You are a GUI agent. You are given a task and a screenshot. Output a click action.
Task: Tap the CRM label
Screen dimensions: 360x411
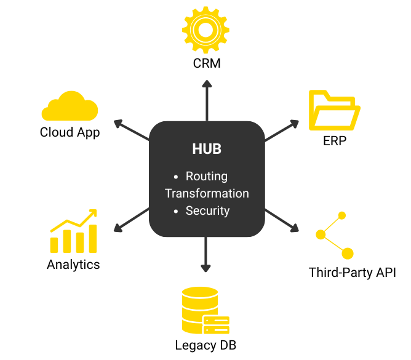tap(206, 63)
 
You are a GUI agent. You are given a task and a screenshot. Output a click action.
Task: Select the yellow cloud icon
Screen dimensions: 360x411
tap(70, 106)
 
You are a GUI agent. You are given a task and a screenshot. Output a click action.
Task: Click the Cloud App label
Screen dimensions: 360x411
tap(70, 132)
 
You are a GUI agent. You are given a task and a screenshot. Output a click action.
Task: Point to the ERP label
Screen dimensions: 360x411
tap(334, 141)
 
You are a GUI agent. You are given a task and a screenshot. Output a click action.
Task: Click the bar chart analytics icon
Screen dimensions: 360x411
tap(74, 233)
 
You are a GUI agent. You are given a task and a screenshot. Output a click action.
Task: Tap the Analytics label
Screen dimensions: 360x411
tap(73, 265)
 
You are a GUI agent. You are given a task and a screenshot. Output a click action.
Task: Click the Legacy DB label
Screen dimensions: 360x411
tap(205, 345)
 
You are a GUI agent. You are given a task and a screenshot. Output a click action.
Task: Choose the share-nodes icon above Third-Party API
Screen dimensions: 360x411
tap(333, 235)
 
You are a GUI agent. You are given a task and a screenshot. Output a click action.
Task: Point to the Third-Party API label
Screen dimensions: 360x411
tap(353, 272)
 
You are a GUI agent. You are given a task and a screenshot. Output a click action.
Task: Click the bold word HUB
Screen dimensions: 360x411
tap(207, 150)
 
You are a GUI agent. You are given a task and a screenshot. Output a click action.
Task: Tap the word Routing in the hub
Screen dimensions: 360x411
tap(207, 177)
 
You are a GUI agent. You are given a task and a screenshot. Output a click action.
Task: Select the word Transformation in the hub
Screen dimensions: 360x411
tap(207, 193)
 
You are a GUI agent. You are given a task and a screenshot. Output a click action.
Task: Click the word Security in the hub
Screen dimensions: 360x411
tap(207, 210)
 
